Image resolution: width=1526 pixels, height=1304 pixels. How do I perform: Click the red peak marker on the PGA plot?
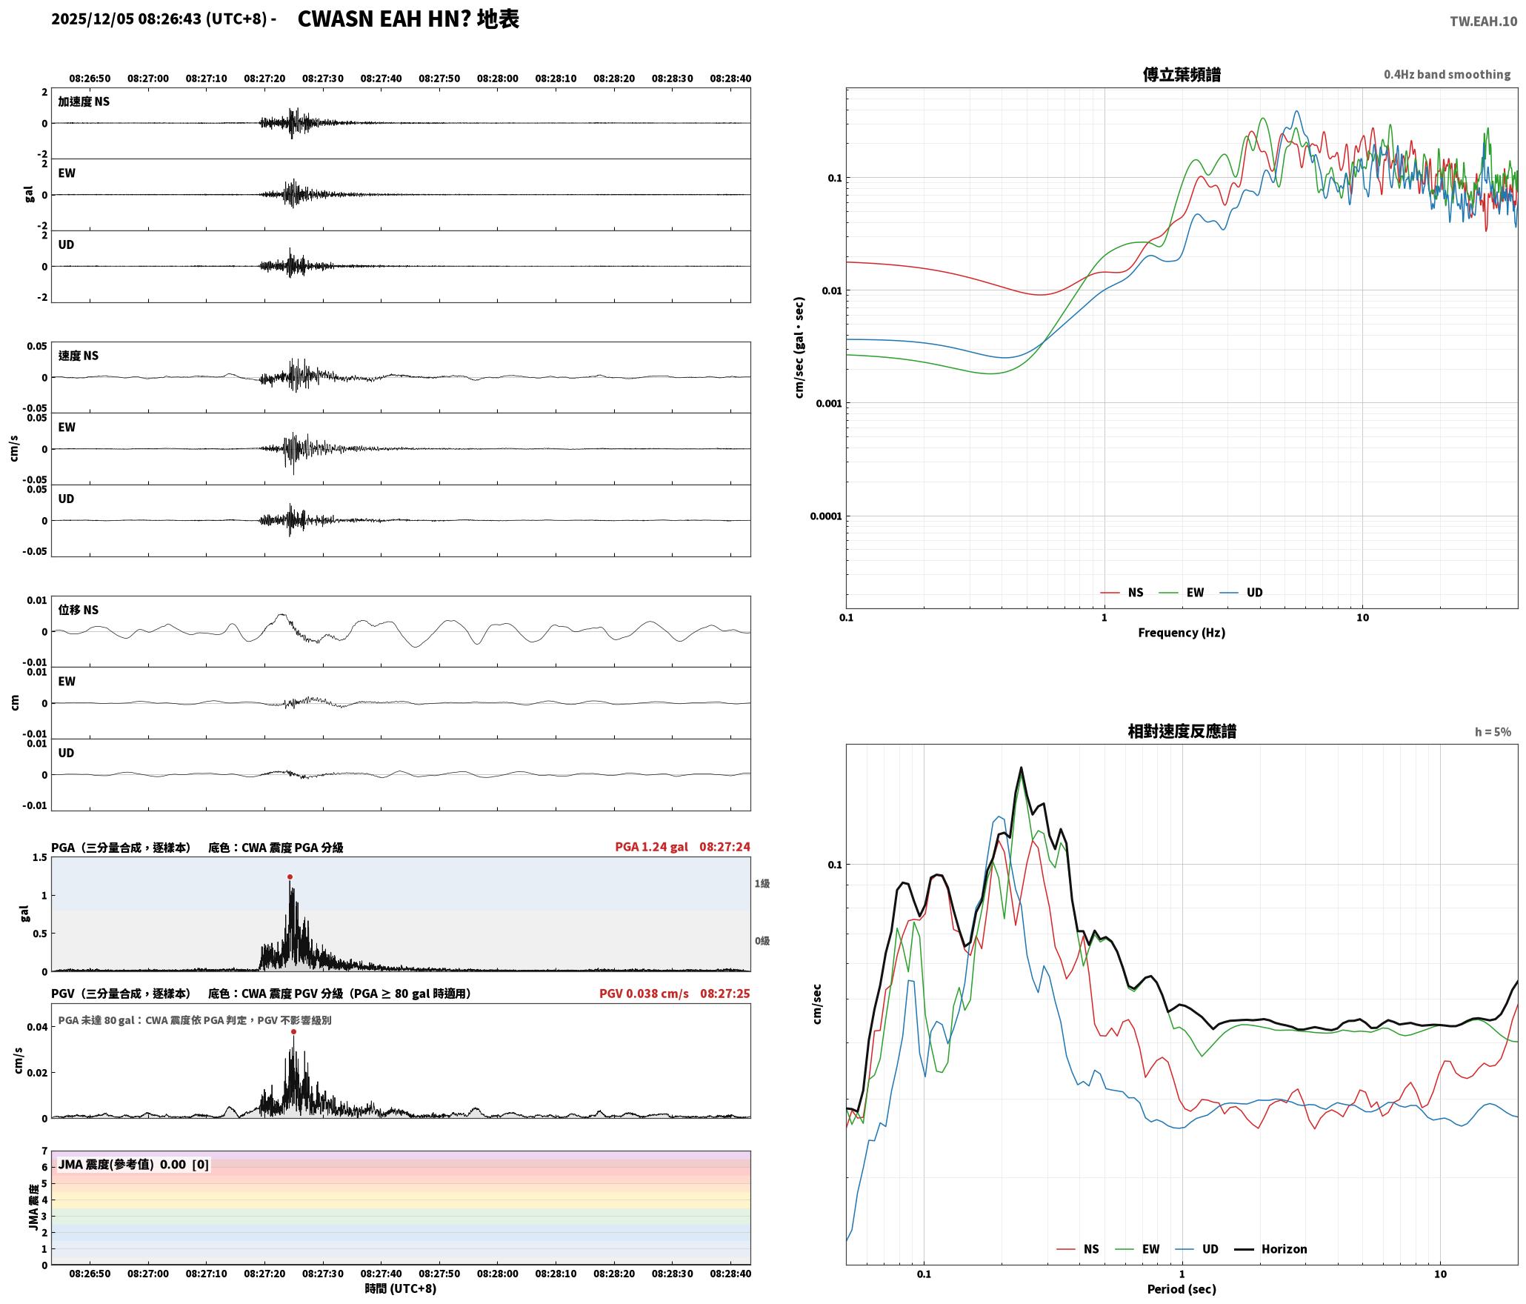tap(290, 877)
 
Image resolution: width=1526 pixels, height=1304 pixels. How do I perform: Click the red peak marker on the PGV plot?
tap(293, 1032)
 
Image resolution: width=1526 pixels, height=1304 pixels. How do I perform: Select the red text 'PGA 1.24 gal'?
tap(651, 847)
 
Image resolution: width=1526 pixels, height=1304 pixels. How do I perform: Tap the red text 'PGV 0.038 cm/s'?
tap(644, 994)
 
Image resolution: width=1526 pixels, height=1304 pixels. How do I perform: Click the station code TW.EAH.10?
tap(1483, 21)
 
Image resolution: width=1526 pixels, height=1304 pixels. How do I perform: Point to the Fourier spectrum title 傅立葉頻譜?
tap(1182, 75)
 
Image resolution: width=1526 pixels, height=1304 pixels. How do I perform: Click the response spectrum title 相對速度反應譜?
tap(1182, 731)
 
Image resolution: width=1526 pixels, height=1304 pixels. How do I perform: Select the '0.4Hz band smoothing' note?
tap(1447, 75)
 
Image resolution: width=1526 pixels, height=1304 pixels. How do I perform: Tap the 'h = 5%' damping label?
tap(1493, 732)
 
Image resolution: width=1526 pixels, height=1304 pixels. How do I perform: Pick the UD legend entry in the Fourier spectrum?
tap(1242, 593)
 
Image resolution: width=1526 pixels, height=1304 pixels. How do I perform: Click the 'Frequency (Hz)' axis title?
tap(1182, 633)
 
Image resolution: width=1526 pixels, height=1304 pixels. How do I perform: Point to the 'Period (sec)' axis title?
tap(1182, 1289)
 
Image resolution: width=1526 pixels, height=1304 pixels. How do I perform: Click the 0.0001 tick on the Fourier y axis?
tap(826, 516)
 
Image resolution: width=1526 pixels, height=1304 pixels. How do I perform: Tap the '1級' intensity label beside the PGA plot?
tap(762, 884)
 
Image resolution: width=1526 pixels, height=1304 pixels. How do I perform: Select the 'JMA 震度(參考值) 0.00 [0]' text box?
tap(133, 1165)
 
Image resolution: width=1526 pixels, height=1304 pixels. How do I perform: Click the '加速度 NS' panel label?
tap(84, 102)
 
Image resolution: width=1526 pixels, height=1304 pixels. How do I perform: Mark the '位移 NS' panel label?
tap(79, 610)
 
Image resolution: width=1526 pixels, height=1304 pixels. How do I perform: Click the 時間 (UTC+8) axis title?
tap(400, 1288)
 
